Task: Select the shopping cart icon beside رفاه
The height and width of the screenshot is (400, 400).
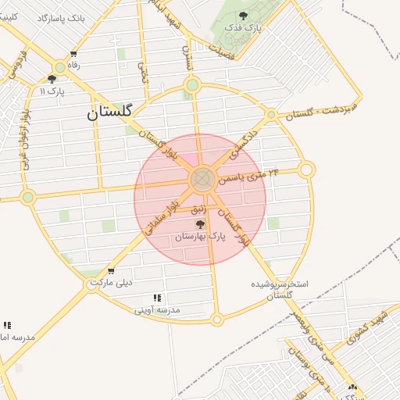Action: (x=73, y=55)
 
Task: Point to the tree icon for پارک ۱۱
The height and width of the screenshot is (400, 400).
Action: (x=52, y=79)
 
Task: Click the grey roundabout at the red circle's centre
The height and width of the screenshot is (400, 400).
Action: (x=201, y=179)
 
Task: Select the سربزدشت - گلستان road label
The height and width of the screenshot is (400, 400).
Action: (x=321, y=110)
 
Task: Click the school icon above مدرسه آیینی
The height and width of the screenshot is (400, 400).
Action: (x=157, y=298)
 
